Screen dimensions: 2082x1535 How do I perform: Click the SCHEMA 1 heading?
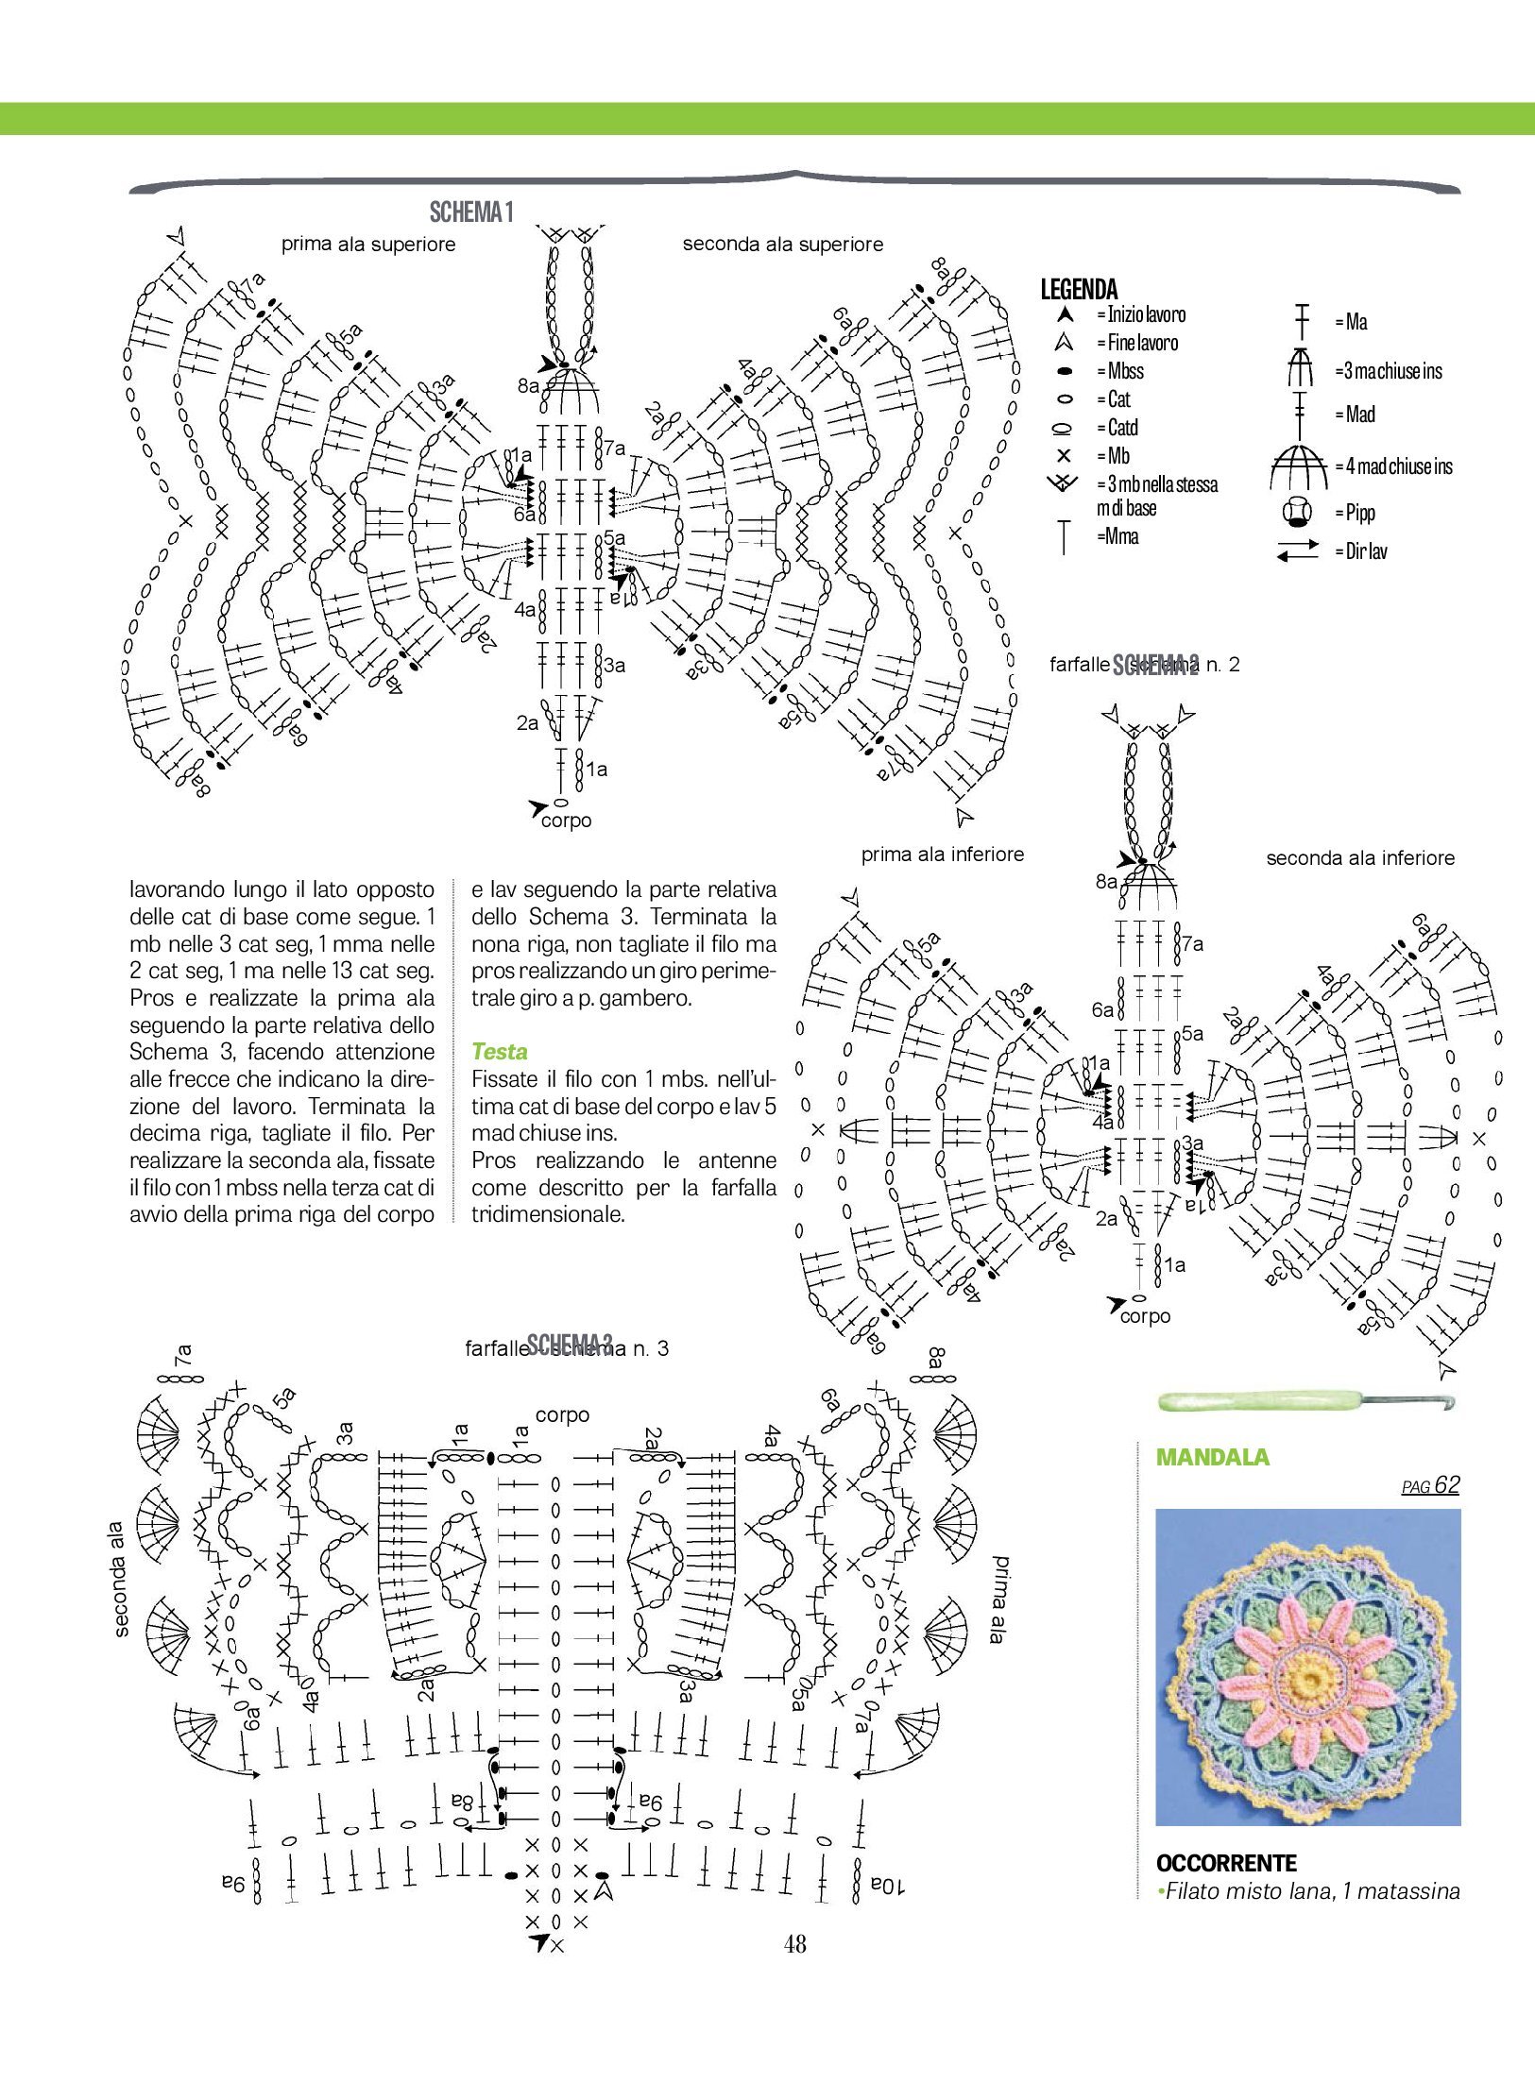[471, 212]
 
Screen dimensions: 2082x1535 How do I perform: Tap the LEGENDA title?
[1079, 289]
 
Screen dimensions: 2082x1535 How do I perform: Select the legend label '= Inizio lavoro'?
[1141, 314]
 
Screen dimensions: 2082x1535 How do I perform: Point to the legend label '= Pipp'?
[1355, 513]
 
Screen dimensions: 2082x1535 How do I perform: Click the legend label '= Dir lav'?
[1361, 551]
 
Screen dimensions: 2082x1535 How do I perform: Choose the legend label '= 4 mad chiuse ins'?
[1393, 466]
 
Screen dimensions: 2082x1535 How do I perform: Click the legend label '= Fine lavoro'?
[1137, 343]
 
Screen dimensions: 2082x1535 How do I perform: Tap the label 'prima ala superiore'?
[368, 245]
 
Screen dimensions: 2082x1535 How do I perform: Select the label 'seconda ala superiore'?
[783, 245]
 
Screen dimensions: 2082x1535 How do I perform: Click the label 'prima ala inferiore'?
[942, 855]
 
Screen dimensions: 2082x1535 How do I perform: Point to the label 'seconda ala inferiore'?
[1359, 858]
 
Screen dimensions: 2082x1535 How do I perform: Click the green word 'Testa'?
[499, 1052]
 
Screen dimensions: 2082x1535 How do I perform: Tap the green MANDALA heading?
[1212, 1457]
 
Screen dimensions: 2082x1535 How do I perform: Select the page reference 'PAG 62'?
[1430, 1486]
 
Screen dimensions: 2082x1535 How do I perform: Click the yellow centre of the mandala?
[1309, 1677]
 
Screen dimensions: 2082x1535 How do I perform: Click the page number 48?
[794, 1943]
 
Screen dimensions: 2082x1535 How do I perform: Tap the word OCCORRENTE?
[1225, 1863]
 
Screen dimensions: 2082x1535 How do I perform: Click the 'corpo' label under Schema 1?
[567, 821]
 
